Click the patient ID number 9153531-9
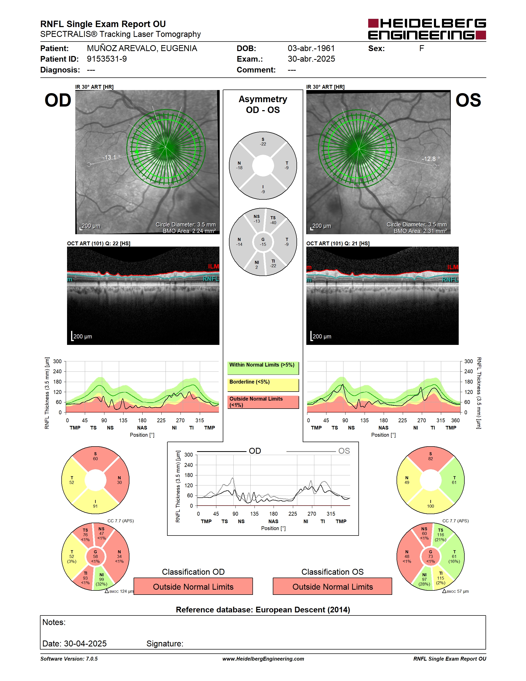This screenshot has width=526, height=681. point(106,59)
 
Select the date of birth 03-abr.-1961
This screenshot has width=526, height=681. point(311,48)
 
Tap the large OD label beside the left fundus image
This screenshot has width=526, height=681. point(58,100)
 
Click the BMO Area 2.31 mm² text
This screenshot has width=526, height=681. point(420,231)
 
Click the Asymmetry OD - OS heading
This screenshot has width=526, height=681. point(263,104)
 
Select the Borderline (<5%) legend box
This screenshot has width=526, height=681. point(263,385)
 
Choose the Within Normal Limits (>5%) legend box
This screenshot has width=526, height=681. point(263,368)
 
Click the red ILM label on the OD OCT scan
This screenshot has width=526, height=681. point(213,266)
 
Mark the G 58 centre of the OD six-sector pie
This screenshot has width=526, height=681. point(95,556)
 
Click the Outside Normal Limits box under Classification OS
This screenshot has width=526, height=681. point(333,587)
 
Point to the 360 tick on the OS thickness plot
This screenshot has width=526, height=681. point(455,420)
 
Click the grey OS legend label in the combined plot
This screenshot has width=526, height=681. point(344,451)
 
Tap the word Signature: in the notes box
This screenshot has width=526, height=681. point(165,644)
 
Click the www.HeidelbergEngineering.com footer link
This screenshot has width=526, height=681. point(263,659)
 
